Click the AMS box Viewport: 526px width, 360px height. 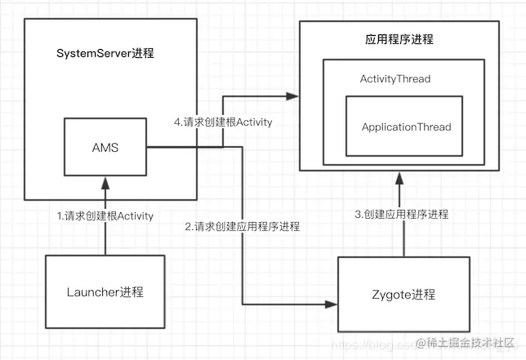[x=105, y=148]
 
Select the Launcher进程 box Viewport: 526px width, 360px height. [x=104, y=291]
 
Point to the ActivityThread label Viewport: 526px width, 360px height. [x=395, y=79]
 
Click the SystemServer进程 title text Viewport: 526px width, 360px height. [x=105, y=54]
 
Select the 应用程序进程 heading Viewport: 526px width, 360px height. [x=399, y=39]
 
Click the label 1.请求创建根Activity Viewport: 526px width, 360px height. [x=105, y=216]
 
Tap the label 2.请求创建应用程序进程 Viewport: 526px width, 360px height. [x=242, y=226]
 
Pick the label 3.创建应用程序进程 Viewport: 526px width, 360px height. [x=401, y=214]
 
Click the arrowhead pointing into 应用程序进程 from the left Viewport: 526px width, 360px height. [x=292, y=97]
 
